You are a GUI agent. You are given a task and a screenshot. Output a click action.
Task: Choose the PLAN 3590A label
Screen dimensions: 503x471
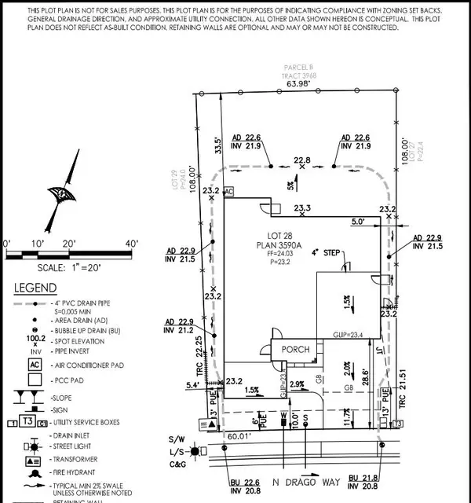[298, 244]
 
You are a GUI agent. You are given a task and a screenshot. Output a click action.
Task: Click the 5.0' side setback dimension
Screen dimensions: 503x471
[359, 222]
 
